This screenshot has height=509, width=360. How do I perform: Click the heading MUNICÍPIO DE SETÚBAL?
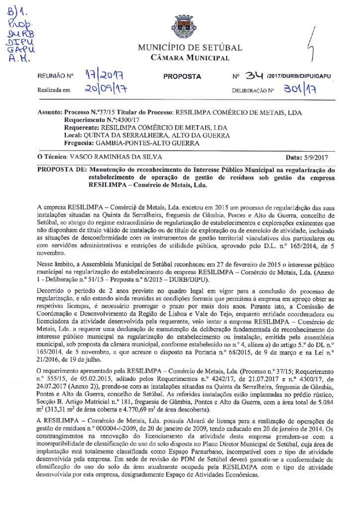pos(190,48)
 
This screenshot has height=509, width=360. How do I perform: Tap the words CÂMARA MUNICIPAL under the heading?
pos(190,58)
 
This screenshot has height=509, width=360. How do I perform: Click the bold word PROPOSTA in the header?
pos(182,77)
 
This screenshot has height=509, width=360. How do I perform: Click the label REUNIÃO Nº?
pos(55,77)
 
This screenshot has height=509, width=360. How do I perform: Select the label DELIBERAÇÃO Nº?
pos(253,91)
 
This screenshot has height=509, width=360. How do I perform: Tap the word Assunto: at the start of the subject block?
pos(50,113)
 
